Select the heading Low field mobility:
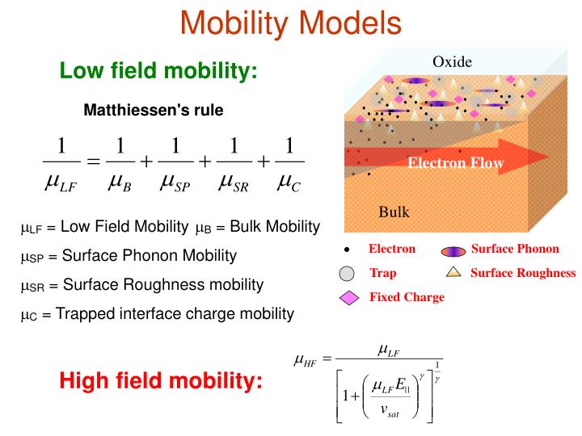pos(158,72)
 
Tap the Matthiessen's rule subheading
pos(154,110)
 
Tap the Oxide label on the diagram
pos(452,62)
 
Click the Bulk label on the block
pos(394,212)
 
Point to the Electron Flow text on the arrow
pos(455,163)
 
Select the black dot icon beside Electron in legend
pos(346,249)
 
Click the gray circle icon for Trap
pos(347,273)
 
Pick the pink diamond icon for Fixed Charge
pos(348,297)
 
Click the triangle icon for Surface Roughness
pos(453,272)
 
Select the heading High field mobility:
pos(161,381)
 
